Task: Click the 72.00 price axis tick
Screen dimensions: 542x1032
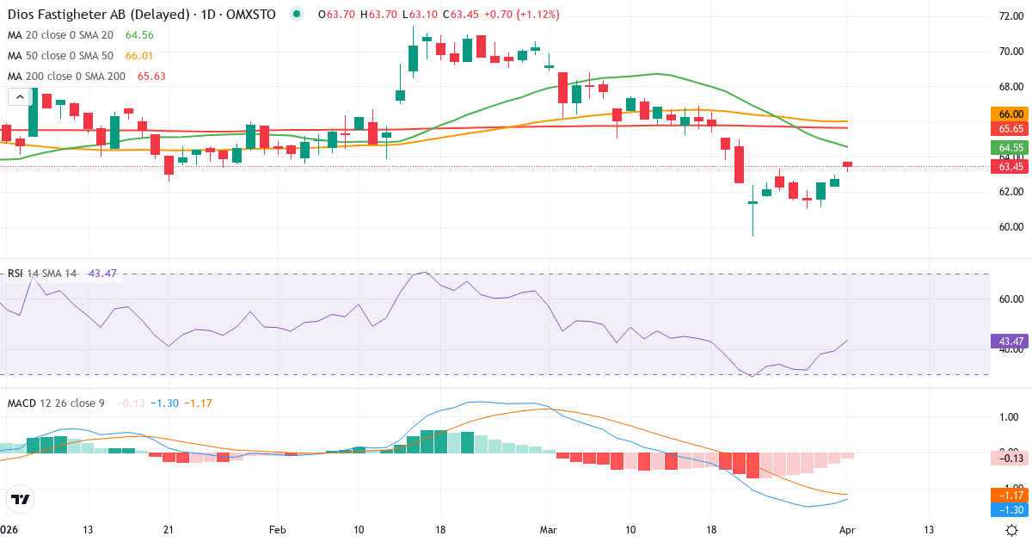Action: pos(1010,16)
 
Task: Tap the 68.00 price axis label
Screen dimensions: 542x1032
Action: pos(1010,87)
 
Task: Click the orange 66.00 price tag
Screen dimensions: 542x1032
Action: pos(1010,114)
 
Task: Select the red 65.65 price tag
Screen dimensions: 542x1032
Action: pos(1010,128)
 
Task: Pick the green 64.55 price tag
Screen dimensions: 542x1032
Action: pos(1010,147)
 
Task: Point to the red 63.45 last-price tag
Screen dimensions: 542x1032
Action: pos(1010,166)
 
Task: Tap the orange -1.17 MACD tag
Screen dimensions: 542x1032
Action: pos(1010,496)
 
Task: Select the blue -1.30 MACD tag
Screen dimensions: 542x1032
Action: pos(1010,510)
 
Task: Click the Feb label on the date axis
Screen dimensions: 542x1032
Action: pos(277,529)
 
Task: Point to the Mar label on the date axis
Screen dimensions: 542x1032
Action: pos(548,529)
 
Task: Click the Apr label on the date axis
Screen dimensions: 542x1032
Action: pos(847,529)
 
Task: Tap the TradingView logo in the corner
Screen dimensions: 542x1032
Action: pos(21,499)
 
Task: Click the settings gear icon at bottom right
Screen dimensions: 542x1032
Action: pos(1012,529)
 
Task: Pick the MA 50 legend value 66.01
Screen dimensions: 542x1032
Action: pos(139,56)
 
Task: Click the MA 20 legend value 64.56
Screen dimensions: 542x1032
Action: pos(139,35)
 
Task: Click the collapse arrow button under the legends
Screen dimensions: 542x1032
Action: pos(16,96)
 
